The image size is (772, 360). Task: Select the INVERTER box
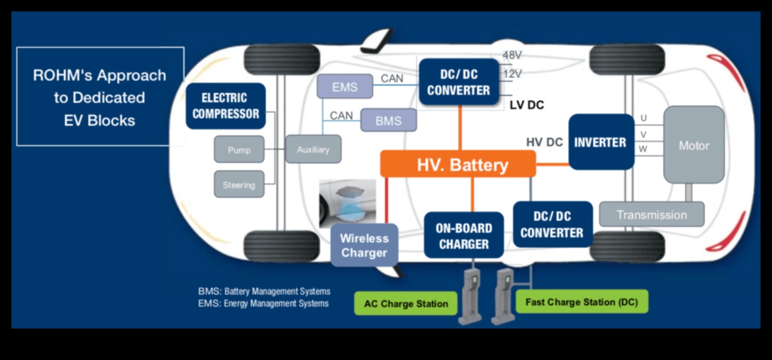click(x=601, y=142)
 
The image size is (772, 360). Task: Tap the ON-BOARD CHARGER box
click(x=464, y=236)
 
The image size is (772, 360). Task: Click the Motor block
click(x=694, y=145)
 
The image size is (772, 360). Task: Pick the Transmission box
click(x=651, y=215)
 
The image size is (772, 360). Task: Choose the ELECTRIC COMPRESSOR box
click(x=225, y=106)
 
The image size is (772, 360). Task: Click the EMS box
click(x=345, y=86)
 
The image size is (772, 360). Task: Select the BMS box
click(x=389, y=121)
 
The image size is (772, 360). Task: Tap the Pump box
click(x=239, y=150)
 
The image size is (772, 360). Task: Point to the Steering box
click(x=239, y=184)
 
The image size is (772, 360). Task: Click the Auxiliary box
click(x=313, y=149)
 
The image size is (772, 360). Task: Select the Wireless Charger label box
click(x=364, y=246)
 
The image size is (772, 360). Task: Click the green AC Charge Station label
click(x=406, y=303)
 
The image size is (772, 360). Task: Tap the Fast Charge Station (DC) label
click(x=581, y=302)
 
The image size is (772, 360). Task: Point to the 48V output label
click(x=512, y=56)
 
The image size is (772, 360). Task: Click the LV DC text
click(x=526, y=105)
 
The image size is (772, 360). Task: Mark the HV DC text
click(x=544, y=142)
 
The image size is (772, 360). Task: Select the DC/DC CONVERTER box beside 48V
click(x=458, y=82)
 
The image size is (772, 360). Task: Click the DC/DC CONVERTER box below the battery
click(x=552, y=224)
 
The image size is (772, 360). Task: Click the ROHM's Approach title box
click(x=100, y=97)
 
